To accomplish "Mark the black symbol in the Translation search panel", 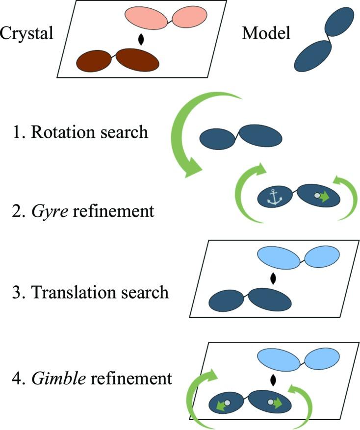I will click(x=273, y=278).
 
